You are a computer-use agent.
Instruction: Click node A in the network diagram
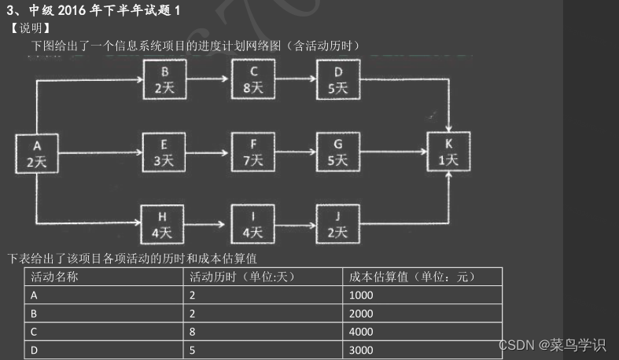pyautogui.click(x=37, y=153)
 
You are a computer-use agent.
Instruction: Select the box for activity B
pyautogui.click(x=164, y=79)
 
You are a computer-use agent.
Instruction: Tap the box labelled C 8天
pyautogui.click(x=252, y=79)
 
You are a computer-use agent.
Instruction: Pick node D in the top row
pyautogui.click(x=337, y=79)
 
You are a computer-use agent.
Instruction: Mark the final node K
pyautogui.click(x=448, y=152)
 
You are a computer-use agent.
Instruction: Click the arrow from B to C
pyautogui.click(x=208, y=79)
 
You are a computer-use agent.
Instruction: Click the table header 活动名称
pyautogui.click(x=54, y=277)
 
